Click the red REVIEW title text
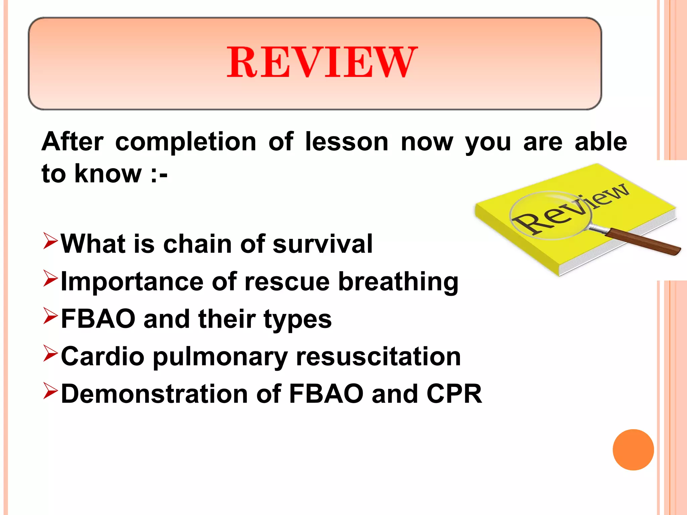[x=322, y=62]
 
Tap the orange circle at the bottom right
[x=633, y=450]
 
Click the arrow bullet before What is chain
[x=51, y=242]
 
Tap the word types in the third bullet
[x=298, y=320]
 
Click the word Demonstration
[x=154, y=394]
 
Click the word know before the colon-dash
[x=108, y=174]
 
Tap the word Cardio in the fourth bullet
[x=103, y=356]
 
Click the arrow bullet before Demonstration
[x=51, y=392]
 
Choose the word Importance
[x=132, y=282]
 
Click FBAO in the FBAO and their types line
[x=98, y=319]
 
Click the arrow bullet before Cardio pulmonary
[x=51, y=354]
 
